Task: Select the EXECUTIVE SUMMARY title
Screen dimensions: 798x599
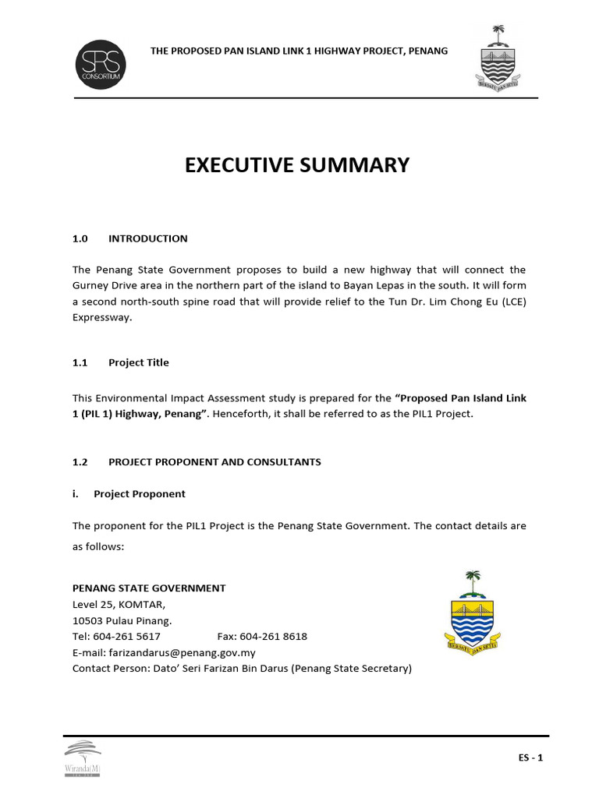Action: [297, 165]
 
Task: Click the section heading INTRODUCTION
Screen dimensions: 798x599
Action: [147, 238]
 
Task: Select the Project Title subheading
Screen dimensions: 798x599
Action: [138, 362]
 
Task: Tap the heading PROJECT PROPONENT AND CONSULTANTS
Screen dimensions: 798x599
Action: [214, 462]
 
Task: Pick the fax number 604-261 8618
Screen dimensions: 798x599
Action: [274, 637]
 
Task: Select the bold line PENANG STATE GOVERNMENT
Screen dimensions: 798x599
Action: [149, 588]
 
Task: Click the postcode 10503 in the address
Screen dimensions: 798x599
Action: [88, 621]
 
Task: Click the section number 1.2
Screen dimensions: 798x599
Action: [80, 462]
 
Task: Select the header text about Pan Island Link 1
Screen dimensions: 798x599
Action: [299, 51]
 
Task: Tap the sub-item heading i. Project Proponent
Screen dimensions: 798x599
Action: [129, 493]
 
